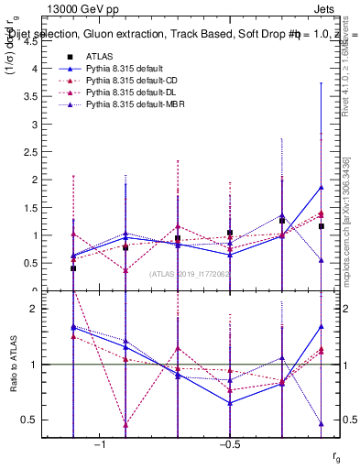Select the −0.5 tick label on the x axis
pos(227,444)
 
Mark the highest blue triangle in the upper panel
pos(321,187)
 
